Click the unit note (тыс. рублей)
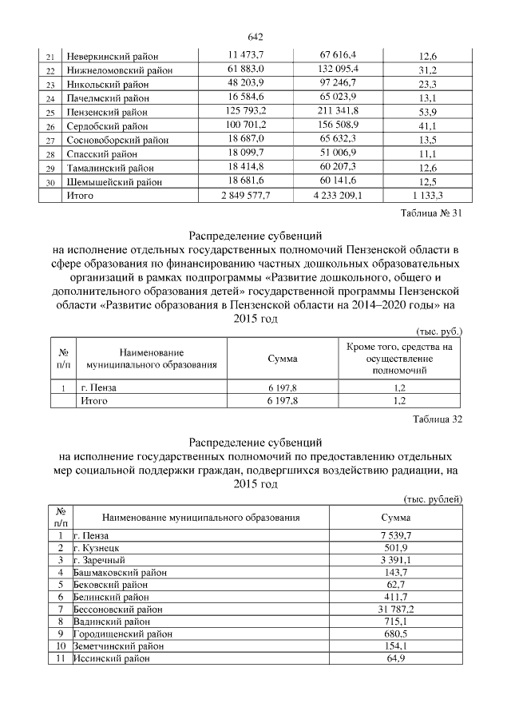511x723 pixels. point(433,499)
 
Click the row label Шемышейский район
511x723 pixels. point(113,182)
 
